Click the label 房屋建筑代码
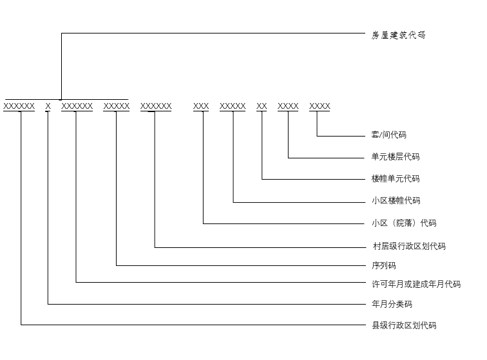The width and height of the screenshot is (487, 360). (x=398, y=35)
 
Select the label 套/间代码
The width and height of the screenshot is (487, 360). (x=389, y=135)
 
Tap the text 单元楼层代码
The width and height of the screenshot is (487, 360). (x=396, y=156)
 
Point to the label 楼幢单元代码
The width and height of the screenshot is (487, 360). (x=396, y=178)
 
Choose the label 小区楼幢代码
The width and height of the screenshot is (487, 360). (x=396, y=201)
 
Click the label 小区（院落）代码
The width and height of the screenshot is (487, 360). (x=404, y=223)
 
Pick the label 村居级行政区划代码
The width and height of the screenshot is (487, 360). (x=409, y=246)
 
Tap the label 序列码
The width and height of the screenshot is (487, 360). (x=384, y=265)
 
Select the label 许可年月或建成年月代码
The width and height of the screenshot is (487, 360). (x=416, y=284)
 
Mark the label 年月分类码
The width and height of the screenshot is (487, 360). (x=392, y=304)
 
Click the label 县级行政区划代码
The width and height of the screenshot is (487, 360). (x=404, y=325)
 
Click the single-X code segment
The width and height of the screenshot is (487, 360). (x=48, y=106)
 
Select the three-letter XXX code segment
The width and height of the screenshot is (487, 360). (x=201, y=106)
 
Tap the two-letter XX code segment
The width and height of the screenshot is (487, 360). (x=262, y=106)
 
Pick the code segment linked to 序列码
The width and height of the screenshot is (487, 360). (x=117, y=106)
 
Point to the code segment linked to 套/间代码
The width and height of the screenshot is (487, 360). (x=320, y=106)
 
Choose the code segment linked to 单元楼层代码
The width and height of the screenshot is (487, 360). (x=288, y=106)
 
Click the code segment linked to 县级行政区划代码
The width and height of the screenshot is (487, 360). (x=19, y=106)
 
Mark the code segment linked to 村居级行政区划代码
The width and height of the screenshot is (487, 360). (x=156, y=106)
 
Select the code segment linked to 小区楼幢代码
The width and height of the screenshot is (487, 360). (x=233, y=106)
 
